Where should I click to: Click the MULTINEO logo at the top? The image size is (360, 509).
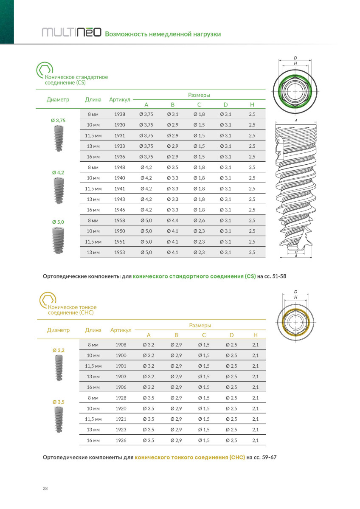click(x=71, y=33)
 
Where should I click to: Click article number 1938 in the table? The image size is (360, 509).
click(x=120, y=115)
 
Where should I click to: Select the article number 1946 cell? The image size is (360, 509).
click(x=120, y=210)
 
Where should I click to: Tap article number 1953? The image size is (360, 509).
click(x=120, y=252)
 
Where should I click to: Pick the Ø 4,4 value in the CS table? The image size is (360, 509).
click(x=173, y=220)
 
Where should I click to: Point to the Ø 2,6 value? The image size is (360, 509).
click(x=199, y=220)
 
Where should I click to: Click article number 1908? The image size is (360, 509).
click(x=121, y=345)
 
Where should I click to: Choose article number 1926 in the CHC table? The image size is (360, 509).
click(x=121, y=441)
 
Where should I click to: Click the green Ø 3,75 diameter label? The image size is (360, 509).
click(x=58, y=121)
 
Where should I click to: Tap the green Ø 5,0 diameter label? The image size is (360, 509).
click(x=58, y=222)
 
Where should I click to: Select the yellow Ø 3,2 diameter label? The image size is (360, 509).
click(x=58, y=350)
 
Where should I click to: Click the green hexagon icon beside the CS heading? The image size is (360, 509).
click(x=44, y=70)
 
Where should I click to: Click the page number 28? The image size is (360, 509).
click(x=45, y=489)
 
